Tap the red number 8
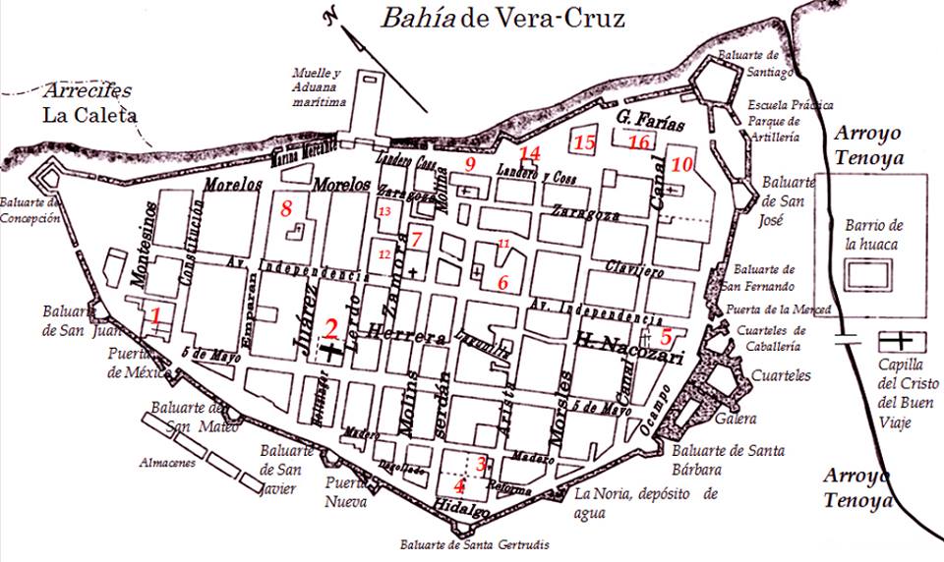coord(286,208)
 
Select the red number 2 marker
coord(331,329)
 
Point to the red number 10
coord(682,163)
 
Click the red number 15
coord(585,143)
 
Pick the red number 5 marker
coord(666,336)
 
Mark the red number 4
coord(458,484)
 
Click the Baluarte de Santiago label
coord(748,62)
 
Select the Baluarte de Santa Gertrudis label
coord(474,544)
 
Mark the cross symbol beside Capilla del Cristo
coord(895,340)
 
